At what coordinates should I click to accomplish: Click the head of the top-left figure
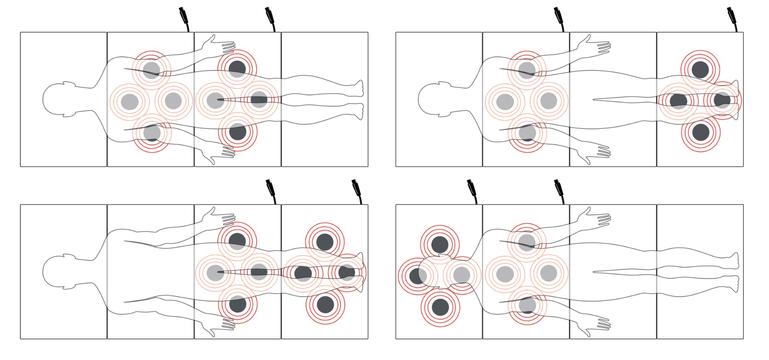pos(60,99)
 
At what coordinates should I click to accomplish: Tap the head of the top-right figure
pos(435,99)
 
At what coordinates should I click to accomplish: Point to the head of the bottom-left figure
pos(60,272)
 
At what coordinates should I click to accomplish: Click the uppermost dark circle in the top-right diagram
pos(700,69)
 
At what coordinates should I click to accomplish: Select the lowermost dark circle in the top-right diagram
pos(701,132)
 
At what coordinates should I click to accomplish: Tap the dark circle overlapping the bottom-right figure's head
pos(418,276)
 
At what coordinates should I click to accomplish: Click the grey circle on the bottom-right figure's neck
pos(461,275)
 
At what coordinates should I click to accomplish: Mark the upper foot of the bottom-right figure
pos(734,260)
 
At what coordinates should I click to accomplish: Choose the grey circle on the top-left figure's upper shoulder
pos(151,70)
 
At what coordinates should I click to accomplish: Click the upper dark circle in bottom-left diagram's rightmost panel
pos(325,242)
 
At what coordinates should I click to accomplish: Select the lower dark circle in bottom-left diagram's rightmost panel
pos(325,305)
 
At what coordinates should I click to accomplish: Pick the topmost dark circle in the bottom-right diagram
pos(440,244)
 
